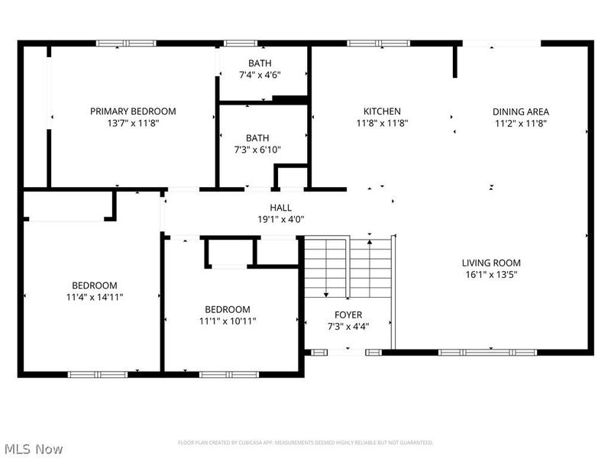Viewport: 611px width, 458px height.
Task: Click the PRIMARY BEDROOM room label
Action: click(x=133, y=111)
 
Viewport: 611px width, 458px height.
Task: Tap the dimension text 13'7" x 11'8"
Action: click(x=133, y=123)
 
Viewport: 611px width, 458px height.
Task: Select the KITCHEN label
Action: click(x=382, y=111)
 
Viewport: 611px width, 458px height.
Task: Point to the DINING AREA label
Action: click(x=521, y=111)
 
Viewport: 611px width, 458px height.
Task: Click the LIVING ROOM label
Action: click(x=491, y=263)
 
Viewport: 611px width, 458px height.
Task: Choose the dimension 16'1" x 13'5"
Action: click(x=491, y=275)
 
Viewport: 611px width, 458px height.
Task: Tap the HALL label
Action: click(x=280, y=208)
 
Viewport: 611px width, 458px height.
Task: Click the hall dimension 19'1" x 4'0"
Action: click(x=280, y=219)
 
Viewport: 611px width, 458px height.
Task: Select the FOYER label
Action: click(x=348, y=314)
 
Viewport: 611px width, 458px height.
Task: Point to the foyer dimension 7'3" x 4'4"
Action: click(x=348, y=326)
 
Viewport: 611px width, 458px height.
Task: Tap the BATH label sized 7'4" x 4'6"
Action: click(x=259, y=63)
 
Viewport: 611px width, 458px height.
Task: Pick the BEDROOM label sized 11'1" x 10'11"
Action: click(x=228, y=309)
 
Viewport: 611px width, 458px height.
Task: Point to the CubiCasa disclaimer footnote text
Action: click(x=305, y=443)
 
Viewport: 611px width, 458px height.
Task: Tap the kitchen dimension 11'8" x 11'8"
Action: click(x=382, y=123)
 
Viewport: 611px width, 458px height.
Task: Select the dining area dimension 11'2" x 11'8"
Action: click(x=521, y=123)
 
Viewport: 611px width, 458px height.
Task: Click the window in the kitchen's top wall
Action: click(x=367, y=44)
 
